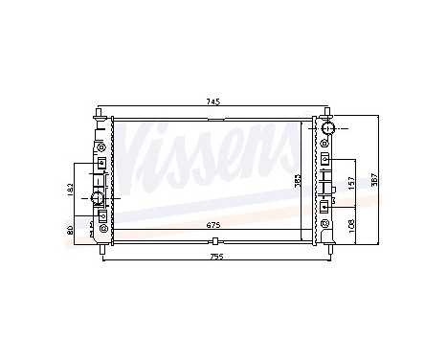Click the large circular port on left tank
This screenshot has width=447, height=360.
click(99, 198)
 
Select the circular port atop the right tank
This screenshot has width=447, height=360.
click(327, 128)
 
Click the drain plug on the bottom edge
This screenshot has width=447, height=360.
click(217, 240)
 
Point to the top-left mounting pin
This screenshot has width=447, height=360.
click(100, 114)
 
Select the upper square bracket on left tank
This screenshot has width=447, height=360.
click(101, 163)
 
